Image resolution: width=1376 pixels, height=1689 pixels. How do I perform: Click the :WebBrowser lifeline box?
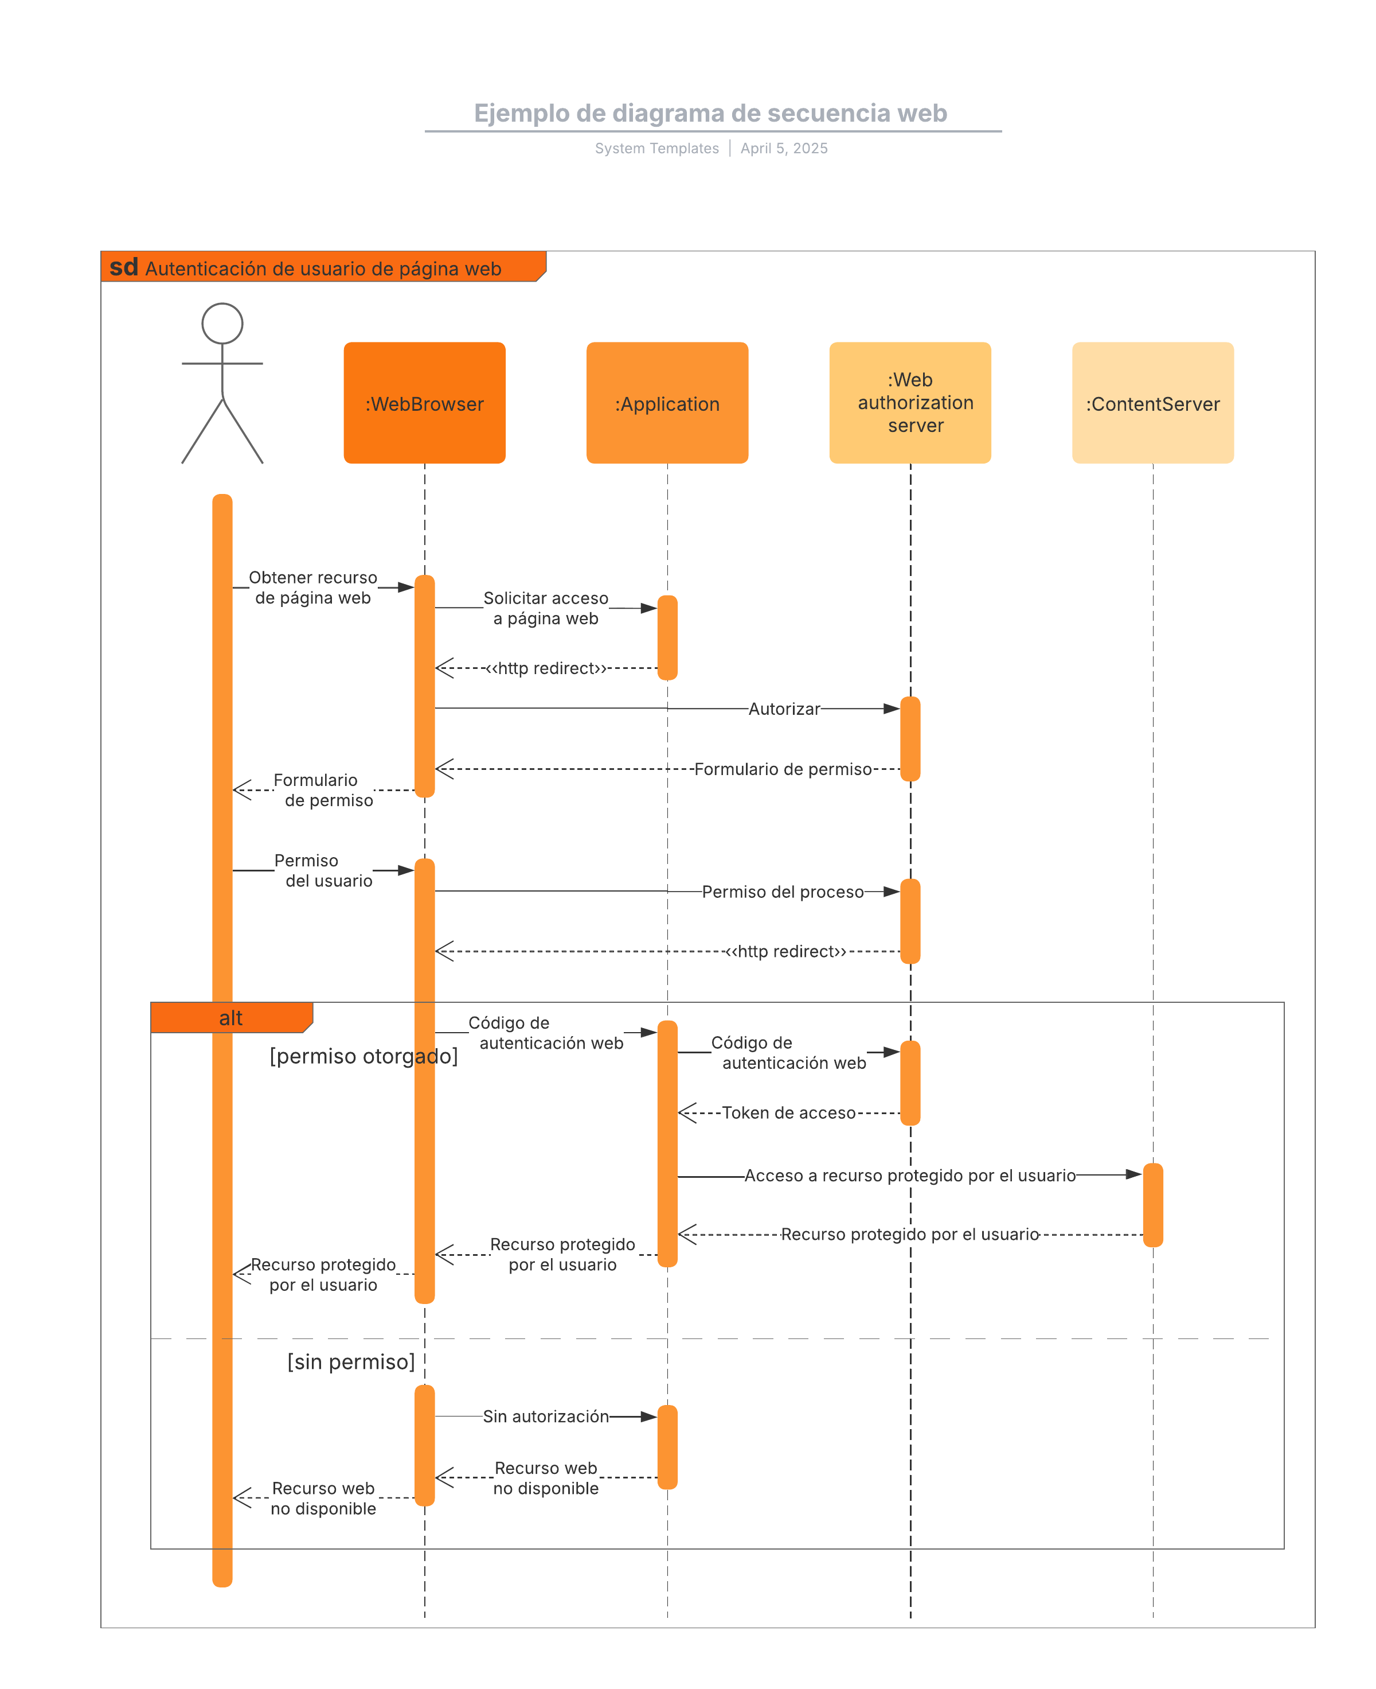coord(424,403)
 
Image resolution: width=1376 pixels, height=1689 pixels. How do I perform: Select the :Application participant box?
coord(667,403)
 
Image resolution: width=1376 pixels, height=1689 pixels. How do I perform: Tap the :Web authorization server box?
coord(910,403)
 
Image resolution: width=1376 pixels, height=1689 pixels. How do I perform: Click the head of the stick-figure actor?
coord(222,324)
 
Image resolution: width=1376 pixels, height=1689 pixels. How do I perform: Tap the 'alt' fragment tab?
coord(230,1018)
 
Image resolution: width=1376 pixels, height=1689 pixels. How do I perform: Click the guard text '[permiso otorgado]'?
coord(364,1056)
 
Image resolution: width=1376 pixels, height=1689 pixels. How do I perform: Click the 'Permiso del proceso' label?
coord(783,892)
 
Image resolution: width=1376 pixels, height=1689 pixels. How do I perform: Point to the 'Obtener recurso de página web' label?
coord(313,587)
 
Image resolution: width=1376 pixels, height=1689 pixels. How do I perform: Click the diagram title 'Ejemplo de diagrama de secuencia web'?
coord(710,114)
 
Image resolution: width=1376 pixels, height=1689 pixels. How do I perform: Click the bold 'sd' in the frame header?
coord(124,267)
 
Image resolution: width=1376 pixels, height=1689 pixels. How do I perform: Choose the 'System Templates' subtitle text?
coord(656,148)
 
